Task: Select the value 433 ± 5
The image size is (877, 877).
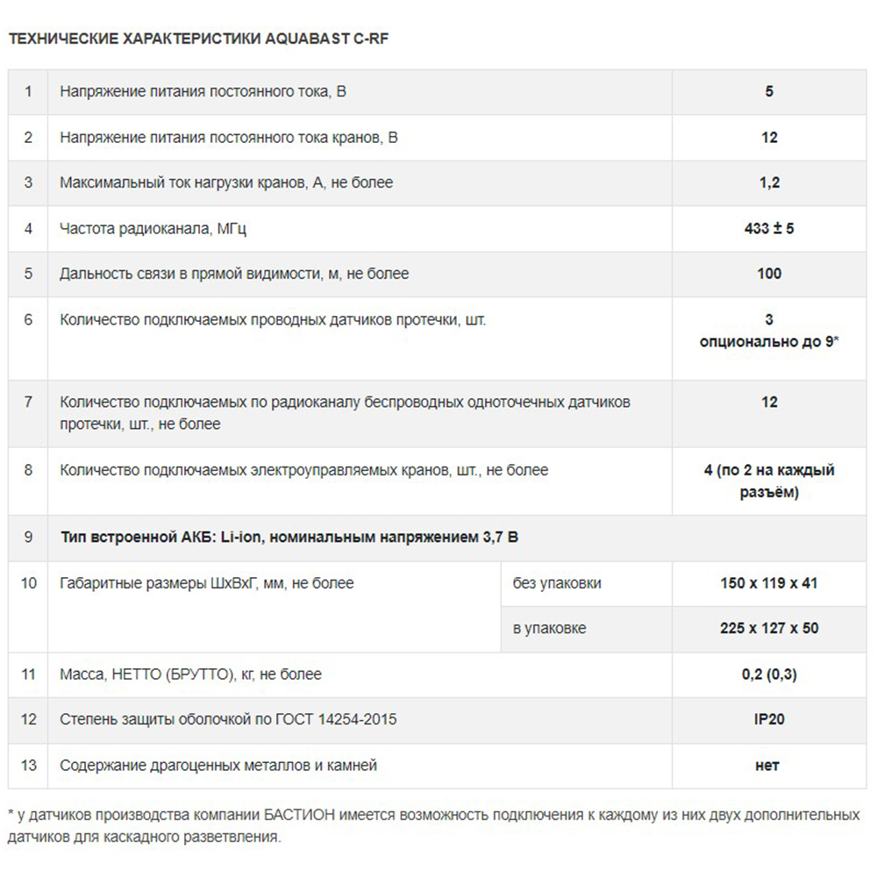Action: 769,229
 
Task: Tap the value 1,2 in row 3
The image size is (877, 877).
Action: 769,183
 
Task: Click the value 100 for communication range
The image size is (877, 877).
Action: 769,274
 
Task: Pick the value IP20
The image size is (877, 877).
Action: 769,720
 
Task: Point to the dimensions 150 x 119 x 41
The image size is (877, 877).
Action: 769,583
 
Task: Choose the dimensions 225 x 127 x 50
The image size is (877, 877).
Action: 769,629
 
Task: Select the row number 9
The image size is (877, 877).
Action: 29,537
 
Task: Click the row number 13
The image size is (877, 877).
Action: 29,766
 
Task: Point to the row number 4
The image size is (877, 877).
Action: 29,229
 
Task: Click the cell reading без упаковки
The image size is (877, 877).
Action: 558,583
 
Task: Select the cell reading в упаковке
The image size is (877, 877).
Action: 550,629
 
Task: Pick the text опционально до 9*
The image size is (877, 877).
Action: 769,342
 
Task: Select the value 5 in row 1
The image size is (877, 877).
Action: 769,91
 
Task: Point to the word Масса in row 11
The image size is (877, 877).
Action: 80,674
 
